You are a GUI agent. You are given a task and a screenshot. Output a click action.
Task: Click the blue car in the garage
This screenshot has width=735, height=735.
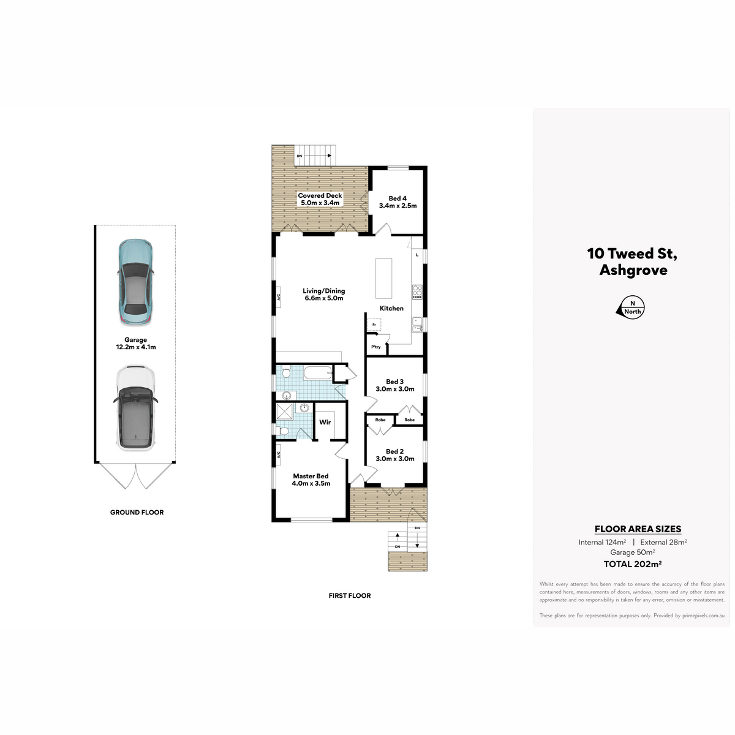pyautogui.click(x=136, y=282)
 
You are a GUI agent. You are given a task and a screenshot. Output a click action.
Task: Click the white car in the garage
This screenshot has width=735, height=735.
pyautogui.click(x=135, y=408)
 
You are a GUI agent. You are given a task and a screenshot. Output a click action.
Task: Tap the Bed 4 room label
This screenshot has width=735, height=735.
pyautogui.click(x=398, y=202)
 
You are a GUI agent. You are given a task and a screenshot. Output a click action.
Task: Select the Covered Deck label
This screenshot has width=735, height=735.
pyautogui.click(x=320, y=199)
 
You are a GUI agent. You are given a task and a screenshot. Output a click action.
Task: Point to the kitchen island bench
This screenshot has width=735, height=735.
pyautogui.click(x=383, y=279)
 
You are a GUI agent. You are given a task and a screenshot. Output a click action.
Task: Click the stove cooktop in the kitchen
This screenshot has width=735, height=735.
pyautogui.click(x=417, y=292)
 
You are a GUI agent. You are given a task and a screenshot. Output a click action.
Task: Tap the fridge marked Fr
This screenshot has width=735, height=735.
pyautogui.click(x=374, y=325)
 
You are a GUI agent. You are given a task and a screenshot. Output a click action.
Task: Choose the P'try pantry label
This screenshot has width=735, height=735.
pyautogui.click(x=375, y=347)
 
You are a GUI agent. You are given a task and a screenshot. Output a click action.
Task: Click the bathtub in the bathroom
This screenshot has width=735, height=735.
pyautogui.click(x=318, y=373)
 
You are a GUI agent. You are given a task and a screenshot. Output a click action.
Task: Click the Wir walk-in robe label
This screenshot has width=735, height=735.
pyautogui.click(x=325, y=422)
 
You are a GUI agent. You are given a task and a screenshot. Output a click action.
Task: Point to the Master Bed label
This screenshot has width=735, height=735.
pyautogui.click(x=311, y=480)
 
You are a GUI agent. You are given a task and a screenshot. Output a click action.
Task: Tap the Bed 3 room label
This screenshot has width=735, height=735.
pyautogui.click(x=395, y=385)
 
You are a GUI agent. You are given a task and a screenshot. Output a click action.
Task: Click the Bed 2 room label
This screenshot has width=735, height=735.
pyautogui.click(x=395, y=455)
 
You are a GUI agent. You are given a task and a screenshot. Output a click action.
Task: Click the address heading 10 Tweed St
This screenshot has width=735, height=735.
pyautogui.click(x=632, y=254)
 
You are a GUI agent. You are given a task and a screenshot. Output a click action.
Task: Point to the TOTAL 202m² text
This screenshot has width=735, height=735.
pyautogui.click(x=632, y=564)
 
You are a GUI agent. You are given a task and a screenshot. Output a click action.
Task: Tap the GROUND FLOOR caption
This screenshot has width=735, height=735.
pyautogui.click(x=137, y=512)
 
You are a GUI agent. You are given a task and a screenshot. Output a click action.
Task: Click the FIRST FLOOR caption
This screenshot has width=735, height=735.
pyautogui.click(x=350, y=595)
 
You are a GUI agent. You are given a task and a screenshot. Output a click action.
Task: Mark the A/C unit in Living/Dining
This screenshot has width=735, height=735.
pyautogui.click(x=279, y=296)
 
